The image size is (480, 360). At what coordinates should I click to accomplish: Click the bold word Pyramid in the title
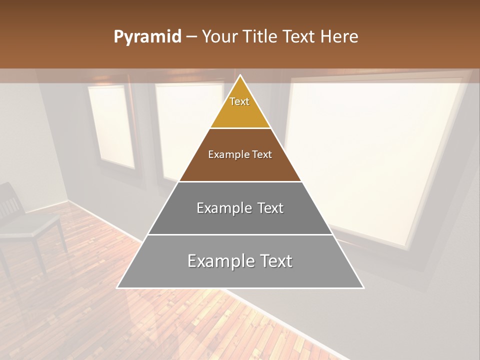pyautogui.click(x=147, y=37)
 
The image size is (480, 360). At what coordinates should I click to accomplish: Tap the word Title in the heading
pyautogui.click(x=260, y=37)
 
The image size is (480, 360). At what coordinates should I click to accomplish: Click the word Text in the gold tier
pyautogui.click(x=239, y=101)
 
